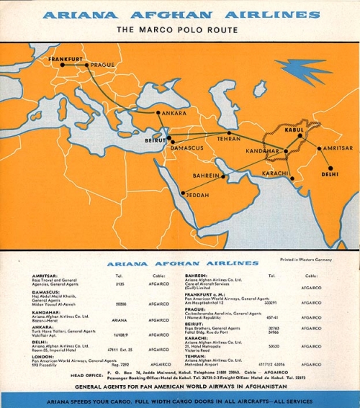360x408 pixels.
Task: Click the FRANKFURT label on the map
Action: [66, 58]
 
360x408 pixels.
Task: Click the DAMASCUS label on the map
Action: [187, 148]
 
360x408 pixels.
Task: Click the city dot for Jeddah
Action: [183, 193]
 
